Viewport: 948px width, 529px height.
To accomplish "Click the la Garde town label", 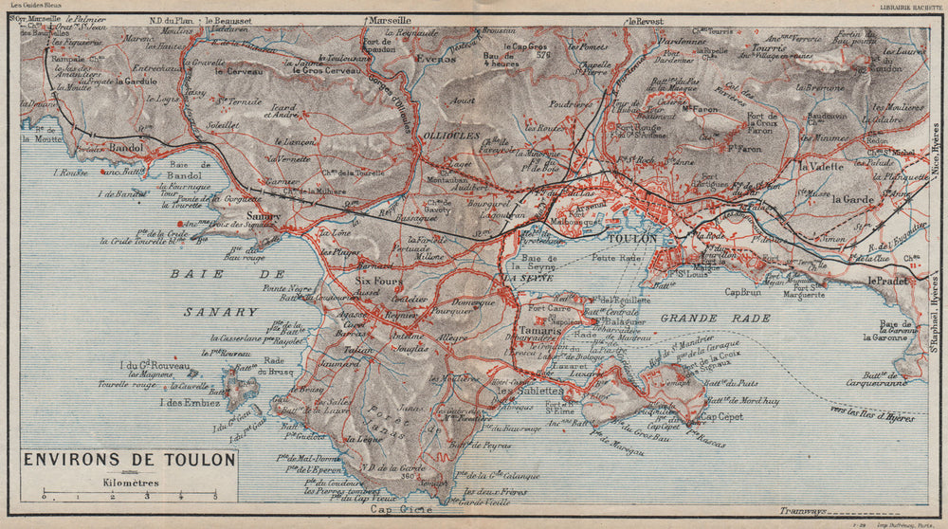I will click(852, 199).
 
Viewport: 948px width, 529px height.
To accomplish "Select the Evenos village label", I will click(434, 57).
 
